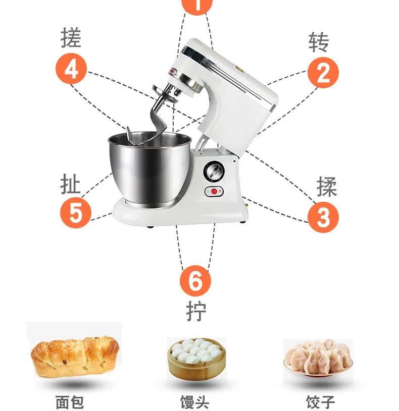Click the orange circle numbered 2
[323, 73]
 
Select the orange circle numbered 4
[71, 69]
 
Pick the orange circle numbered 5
[75, 212]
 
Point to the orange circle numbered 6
[195, 280]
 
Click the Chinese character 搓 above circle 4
[71, 38]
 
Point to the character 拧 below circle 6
[196, 312]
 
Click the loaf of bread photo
[75, 356]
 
